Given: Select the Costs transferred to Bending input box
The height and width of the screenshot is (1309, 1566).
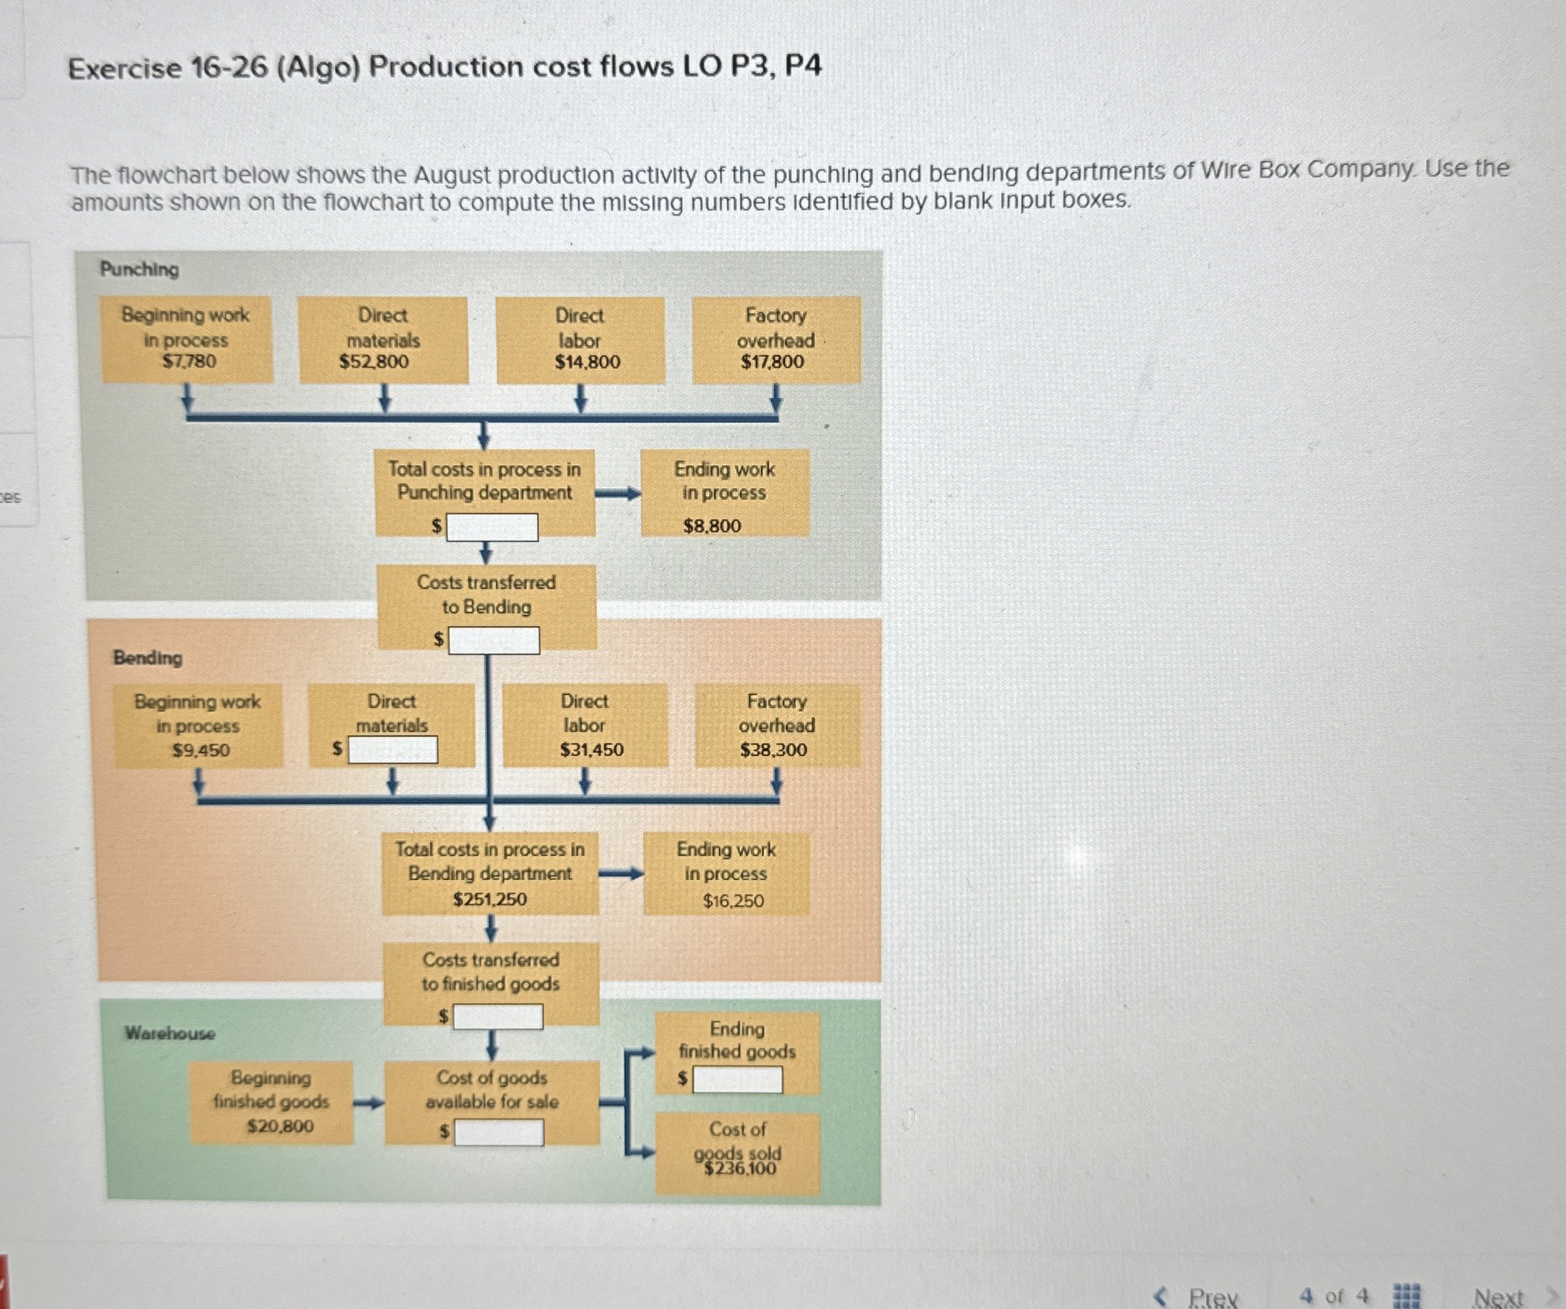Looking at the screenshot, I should click(493, 640).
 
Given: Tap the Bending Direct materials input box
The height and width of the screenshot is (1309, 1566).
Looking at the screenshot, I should click(393, 749).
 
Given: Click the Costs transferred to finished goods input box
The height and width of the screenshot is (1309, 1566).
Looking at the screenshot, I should click(498, 1017).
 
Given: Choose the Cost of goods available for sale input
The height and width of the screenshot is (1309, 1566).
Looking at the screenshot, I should click(499, 1133).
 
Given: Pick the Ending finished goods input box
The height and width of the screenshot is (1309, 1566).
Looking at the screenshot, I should click(737, 1079).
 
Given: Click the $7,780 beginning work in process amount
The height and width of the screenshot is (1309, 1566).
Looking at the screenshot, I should click(190, 362).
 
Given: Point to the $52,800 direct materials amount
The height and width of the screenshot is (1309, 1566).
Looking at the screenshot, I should click(375, 362).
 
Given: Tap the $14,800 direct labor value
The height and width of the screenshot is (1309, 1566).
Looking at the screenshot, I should click(588, 362).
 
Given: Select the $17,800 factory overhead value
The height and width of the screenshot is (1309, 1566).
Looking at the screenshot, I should click(773, 362).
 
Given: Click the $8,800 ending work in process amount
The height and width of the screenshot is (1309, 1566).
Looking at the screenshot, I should click(712, 526).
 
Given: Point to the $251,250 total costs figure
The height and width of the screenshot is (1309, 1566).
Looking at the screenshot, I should click(490, 900).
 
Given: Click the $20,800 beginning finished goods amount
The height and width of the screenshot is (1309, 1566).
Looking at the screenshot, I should click(280, 1125).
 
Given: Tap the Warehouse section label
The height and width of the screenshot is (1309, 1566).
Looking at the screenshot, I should click(170, 1033).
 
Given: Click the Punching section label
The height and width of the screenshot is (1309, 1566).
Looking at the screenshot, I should click(139, 269).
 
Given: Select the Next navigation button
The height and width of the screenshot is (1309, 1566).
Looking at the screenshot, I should click(1499, 1297).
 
